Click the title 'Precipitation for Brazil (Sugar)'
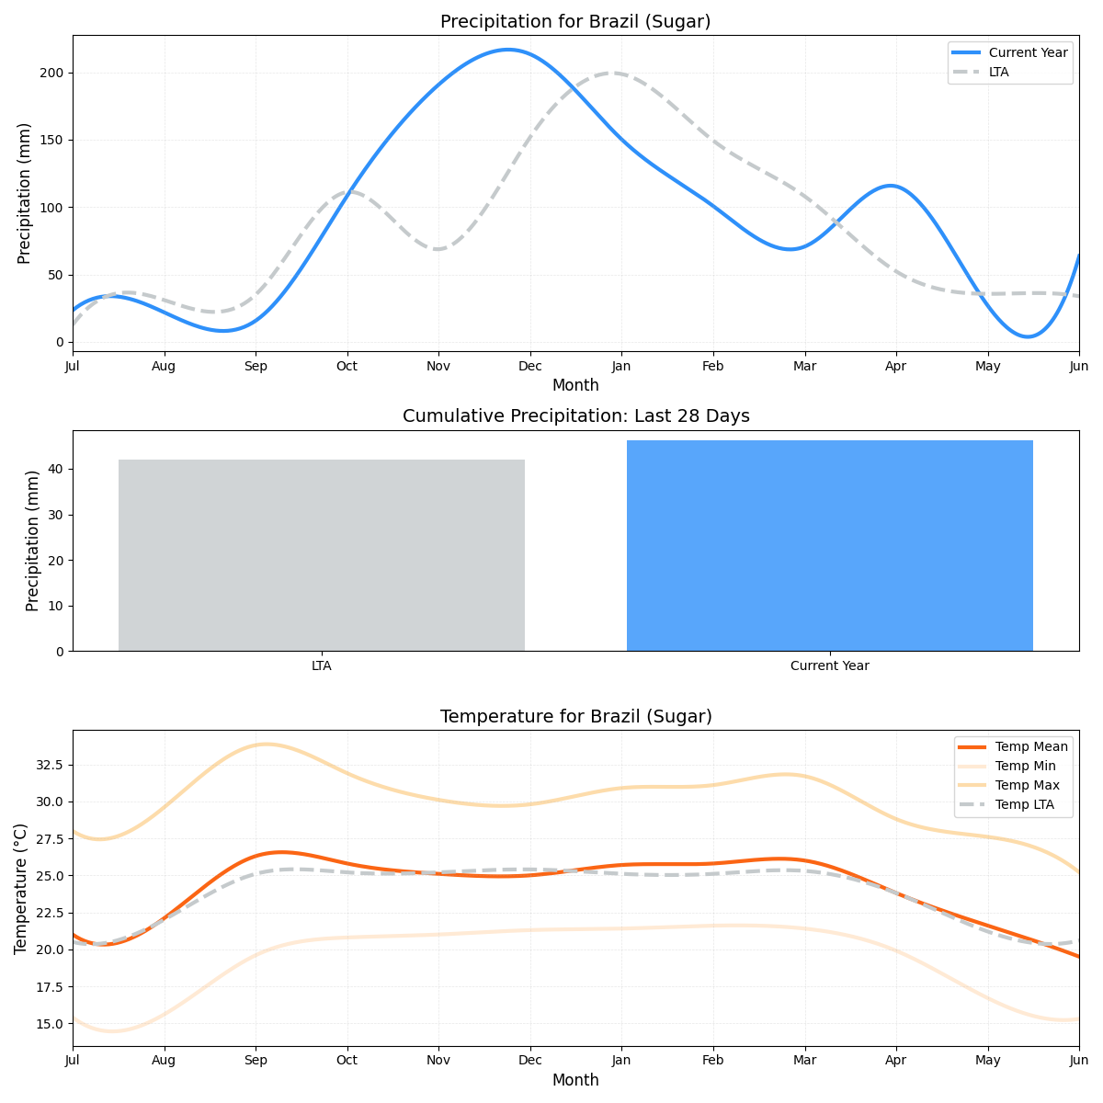[x=575, y=22]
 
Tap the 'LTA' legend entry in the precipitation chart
[x=998, y=72]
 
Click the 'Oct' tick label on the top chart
[x=347, y=367]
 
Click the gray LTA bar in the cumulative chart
[x=322, y=555]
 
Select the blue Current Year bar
[x=829, y=546]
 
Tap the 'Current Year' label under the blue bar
[x=829, y=666]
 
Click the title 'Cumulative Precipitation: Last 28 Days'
[x=575, y=416]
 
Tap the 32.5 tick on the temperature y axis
[x=48, y=765]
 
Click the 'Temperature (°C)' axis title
[x=21, y=888]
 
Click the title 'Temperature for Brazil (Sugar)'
[x=575, y=717]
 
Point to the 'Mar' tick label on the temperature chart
[x=804, y=1062]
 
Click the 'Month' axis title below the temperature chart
[x=575, y=1081]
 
